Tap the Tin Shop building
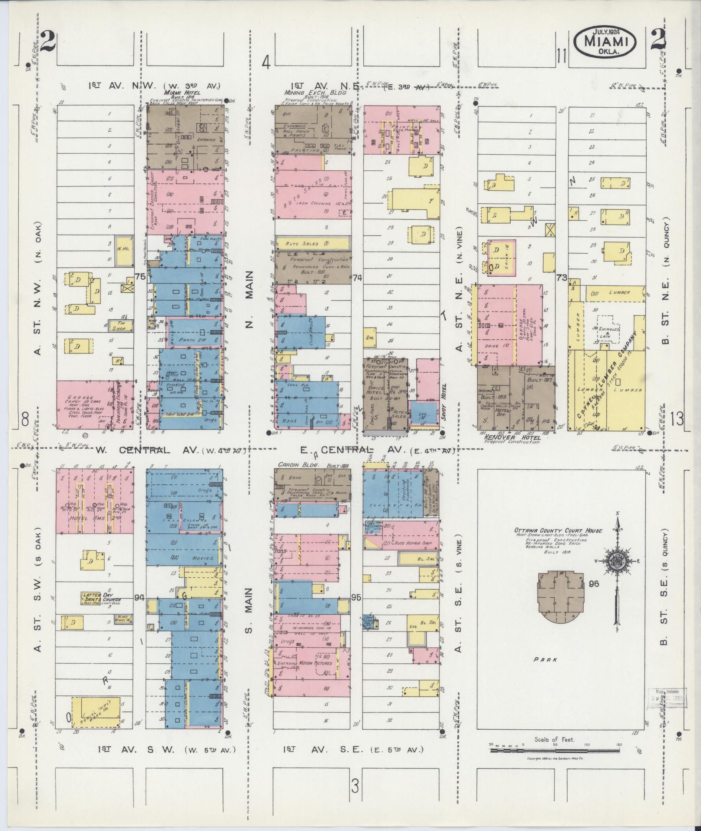coord(120,326)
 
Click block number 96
coord(594,583)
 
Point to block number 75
coord(140,277)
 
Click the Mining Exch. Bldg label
coord(315,93)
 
